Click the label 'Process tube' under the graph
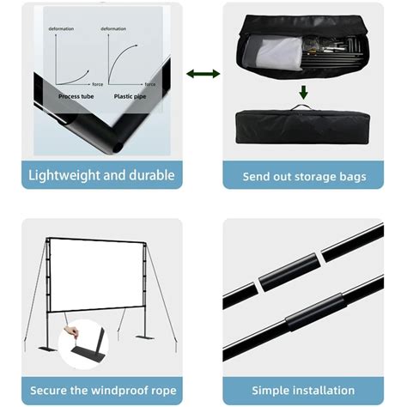[x=76, y=96]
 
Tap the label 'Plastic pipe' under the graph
[x=130, y=96]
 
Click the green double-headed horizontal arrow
[x=203, y=74]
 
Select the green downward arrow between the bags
[x=303, y=92]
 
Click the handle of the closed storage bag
[x=301, y=106]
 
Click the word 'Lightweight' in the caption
[x=64, y=175]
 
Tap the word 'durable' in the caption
[x=152, y=175]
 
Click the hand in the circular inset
[x=71, y=331]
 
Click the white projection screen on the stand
[x=96, y=276]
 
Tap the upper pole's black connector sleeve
[x=289, y=272]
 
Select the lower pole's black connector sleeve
[x=316, y=312]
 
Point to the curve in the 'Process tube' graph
[x=75, y=81]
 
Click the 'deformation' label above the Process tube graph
[x=61, y=28]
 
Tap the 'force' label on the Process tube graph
[x=98, y=84]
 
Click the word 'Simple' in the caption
[x=270, y=391]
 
